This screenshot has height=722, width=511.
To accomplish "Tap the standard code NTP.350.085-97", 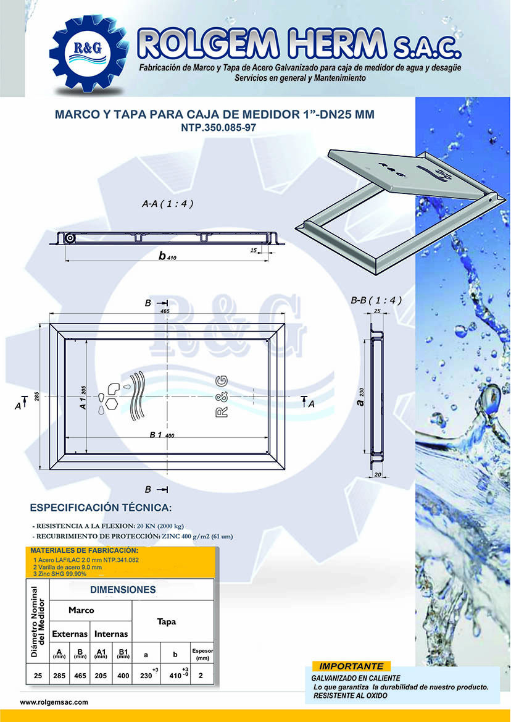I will (214, 128).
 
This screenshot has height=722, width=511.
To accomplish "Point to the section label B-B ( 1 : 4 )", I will (376, 301).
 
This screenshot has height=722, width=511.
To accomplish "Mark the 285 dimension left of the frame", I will (36, 397).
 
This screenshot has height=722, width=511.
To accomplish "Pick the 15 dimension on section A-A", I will (254, 250).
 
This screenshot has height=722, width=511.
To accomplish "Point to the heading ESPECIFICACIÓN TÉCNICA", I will (101, 508).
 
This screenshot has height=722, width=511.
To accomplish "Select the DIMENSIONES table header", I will (123, 590).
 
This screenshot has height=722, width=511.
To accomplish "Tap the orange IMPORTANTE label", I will (351, 666).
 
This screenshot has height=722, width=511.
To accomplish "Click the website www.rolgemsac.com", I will (54, 702).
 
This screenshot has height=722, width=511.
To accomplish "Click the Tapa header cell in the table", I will (166, 621).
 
